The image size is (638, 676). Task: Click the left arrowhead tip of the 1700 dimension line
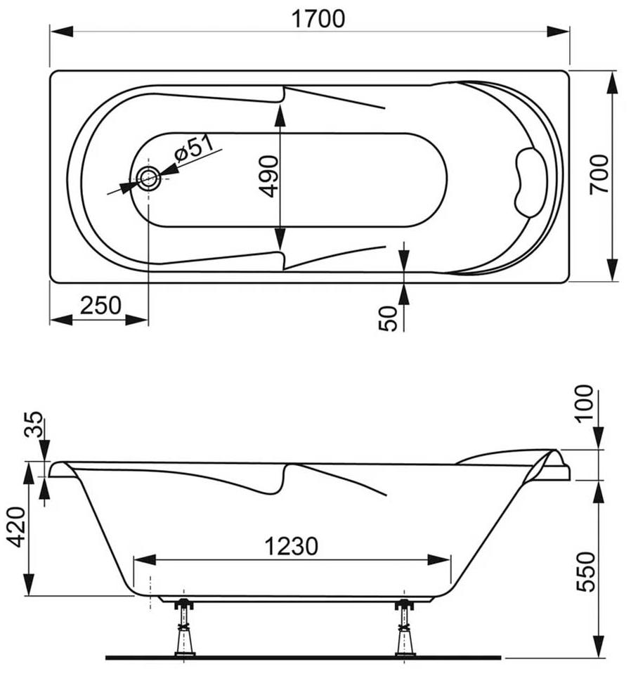coord(51,32)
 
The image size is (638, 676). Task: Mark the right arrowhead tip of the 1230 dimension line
coord(450,560)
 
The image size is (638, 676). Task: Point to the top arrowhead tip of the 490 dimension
coord(280,104)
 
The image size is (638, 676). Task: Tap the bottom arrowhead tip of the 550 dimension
coord(599,658)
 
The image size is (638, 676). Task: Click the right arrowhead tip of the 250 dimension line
coord(148,320)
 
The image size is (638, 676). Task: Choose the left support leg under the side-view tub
coord(184,629)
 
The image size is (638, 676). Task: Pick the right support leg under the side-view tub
coord(404,629)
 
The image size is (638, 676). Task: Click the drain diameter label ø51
coord(194,148)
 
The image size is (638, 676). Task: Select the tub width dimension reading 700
coord(599,174)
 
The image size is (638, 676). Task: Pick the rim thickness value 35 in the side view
coord(34,424)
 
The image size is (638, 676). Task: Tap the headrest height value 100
coord(585,404)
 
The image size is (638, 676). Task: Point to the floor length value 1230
coord(292,546)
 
